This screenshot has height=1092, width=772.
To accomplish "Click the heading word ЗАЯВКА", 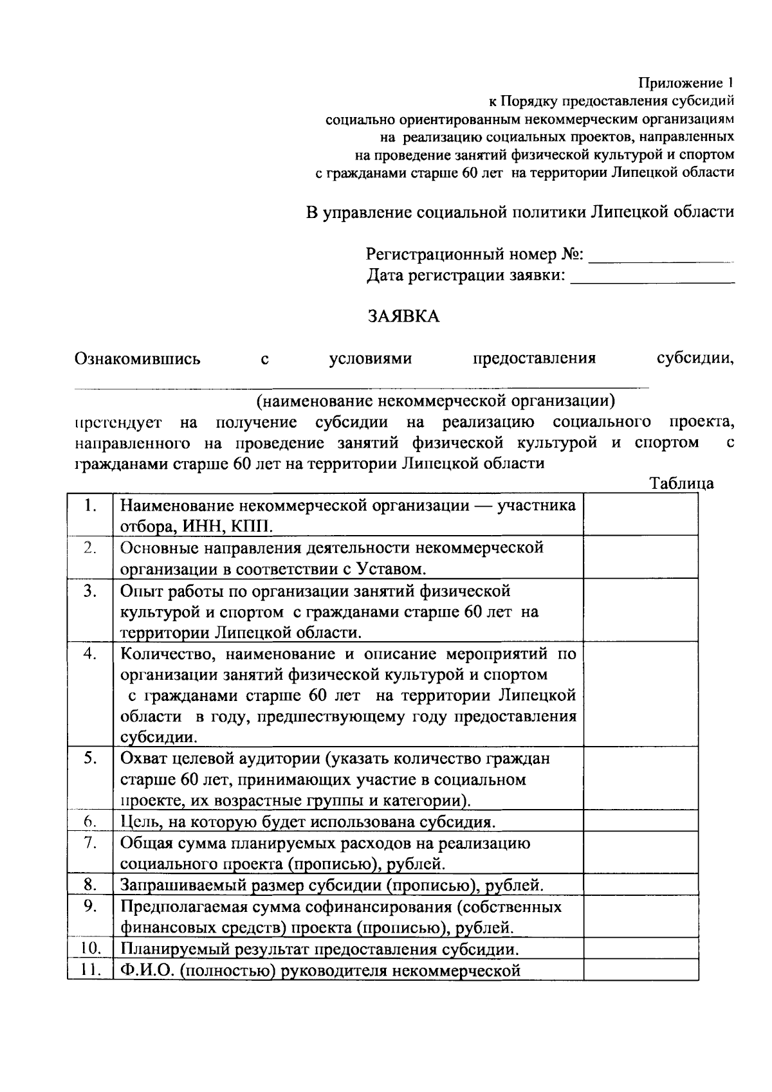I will point(403,316).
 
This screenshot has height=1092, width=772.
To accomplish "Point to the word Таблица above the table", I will point(681,483).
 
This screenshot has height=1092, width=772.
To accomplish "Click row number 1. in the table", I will point(90,505).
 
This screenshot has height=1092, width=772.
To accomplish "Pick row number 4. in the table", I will point(90,654).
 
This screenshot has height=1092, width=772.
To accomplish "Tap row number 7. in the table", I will point(90,842).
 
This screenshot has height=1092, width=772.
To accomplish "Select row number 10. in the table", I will point(90,949).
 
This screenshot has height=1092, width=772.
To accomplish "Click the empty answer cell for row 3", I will point(641,610).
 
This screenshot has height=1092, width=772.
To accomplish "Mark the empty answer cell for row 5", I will point(641,778).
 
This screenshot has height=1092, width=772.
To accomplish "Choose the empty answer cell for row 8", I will point(641,885).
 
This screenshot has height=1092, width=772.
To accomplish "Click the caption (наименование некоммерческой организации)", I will point(436,402).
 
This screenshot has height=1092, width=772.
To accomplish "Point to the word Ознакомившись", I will point(138,359).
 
